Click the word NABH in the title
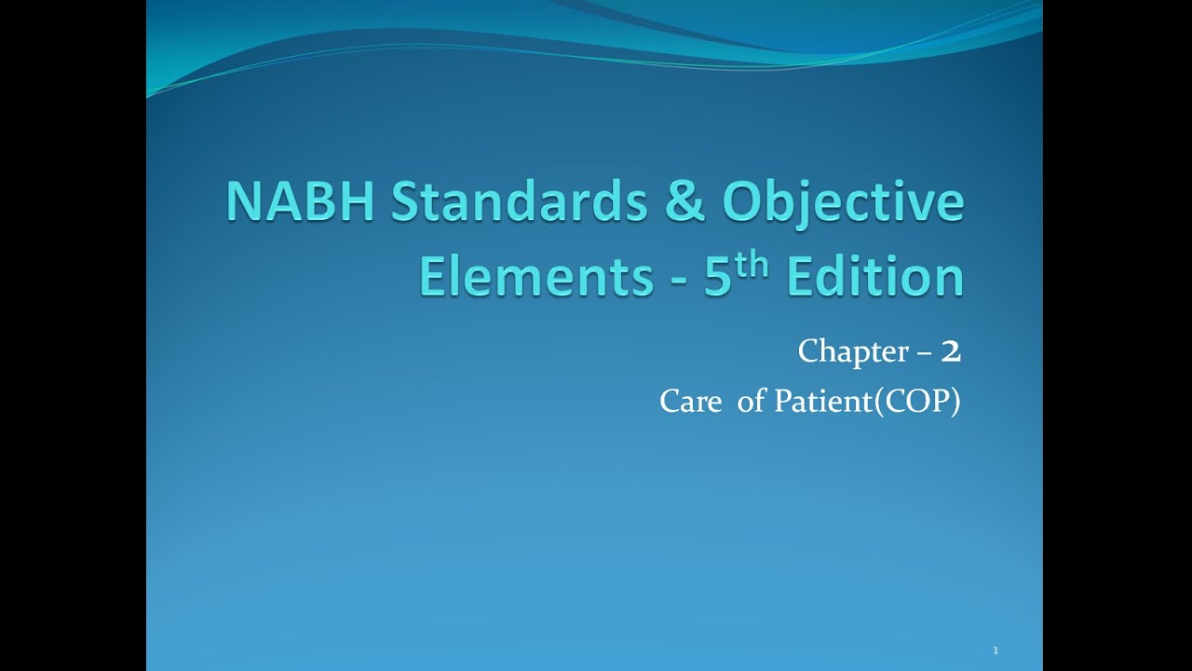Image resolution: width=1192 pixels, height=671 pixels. (300, 203)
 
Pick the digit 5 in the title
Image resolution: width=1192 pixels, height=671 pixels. (717, 277)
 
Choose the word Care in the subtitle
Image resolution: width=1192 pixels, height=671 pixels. (690, 402)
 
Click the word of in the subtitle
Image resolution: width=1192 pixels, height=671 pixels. (750, 402)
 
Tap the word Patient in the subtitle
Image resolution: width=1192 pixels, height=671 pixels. (819, 402)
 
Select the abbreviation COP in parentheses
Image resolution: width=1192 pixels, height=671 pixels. (917, 402)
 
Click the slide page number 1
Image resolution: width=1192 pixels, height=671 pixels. (996, 650)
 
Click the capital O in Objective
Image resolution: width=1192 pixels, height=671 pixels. (747, 203)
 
